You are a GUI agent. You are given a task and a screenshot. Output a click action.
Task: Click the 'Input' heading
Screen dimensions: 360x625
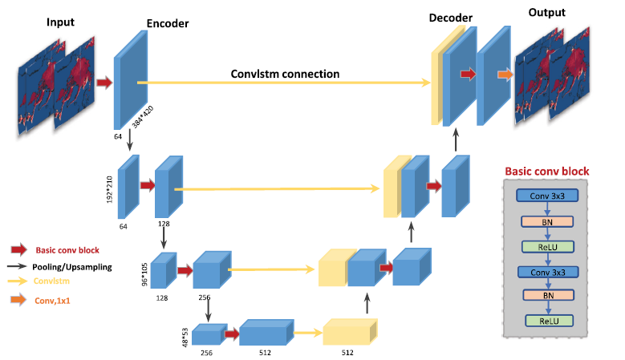pos(60,22)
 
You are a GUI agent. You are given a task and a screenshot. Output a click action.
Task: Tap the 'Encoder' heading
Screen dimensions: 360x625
pos(168,24)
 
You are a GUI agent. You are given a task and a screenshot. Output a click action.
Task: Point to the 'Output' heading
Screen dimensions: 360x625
pos(547,13)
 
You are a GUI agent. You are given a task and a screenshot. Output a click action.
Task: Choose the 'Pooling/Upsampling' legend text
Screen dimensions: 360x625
pos(72,265)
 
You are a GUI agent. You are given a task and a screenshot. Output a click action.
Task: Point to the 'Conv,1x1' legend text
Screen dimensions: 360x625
pos(54,301)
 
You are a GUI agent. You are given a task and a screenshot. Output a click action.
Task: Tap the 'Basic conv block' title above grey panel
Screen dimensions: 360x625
pos(546,171)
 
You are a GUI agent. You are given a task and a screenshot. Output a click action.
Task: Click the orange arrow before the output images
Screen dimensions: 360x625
pos(505,75)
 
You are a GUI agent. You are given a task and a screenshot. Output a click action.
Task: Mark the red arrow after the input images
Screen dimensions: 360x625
pos(103,82)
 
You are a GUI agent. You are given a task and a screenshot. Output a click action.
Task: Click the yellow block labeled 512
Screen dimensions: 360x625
pos(348,332)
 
